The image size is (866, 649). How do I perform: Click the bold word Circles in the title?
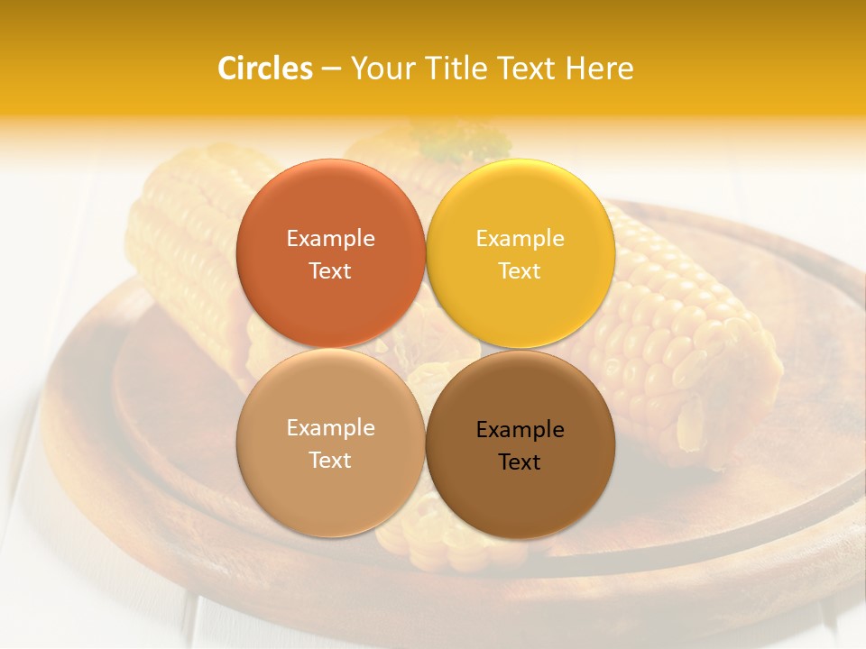265,69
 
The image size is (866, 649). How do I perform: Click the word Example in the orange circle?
330,239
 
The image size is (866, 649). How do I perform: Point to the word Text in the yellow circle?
520,271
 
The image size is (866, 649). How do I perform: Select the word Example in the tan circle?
330,428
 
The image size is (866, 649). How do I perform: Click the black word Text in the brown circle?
520,462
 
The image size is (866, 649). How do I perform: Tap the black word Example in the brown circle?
520,430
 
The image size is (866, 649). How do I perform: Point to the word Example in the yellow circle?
520,239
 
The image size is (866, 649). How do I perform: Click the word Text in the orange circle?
330,271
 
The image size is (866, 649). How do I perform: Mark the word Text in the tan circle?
330,461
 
